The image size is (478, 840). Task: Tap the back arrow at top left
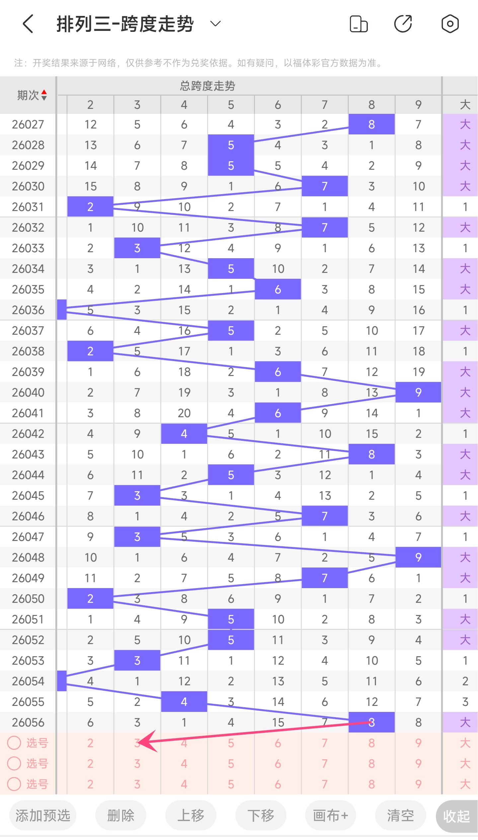[29, 24]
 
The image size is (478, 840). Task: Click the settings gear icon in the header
[450, 24]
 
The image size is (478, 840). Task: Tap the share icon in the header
[403, 24]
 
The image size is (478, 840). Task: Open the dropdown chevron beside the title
[215, 24]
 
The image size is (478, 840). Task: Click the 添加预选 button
[43, 815]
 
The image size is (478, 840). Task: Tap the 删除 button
[121, 815]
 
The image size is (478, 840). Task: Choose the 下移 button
[261, 815]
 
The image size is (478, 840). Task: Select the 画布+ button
[331, 815]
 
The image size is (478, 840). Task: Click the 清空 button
[401, 815]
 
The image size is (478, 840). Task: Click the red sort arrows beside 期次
[44, 95]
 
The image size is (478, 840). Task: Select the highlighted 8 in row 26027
[371, 124]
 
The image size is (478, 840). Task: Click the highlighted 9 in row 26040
[418, 392]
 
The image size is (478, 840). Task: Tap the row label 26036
[28, 310]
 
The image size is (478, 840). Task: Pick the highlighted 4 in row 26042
[184, 433]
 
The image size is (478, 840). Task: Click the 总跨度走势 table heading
[207, 86]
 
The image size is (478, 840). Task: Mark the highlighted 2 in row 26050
[90, 598]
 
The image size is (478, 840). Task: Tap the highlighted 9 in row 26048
[418, 557]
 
